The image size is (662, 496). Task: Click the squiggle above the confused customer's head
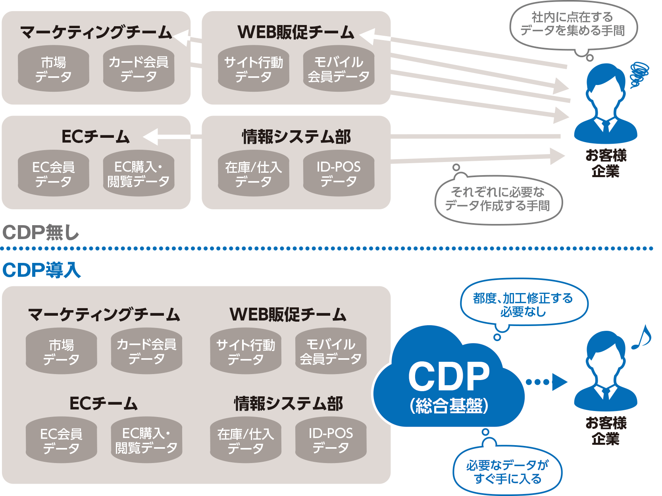[x=639, y=73]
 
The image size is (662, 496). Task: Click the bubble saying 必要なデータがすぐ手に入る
[x=507, y=472]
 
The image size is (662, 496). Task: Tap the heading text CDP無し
[x=41, y=233]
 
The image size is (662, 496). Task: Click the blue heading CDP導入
[x=42, y=270]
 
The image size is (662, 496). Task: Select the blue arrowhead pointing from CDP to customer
[x=559, y=382]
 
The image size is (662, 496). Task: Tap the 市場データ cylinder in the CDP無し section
[x=54, y=69]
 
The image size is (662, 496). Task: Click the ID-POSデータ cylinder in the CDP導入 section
[x=331, y=440]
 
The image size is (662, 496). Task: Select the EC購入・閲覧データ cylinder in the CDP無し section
[x=139, y=174]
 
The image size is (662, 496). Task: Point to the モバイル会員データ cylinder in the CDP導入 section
[x=331, y=351]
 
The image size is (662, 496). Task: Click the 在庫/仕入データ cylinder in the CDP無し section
[x=253, y=174]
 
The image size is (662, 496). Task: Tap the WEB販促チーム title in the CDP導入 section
[x=288, y=315]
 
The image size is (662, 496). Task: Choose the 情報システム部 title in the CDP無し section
[x=296, y=137]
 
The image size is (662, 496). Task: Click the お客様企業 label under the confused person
[x=606, y=163]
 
